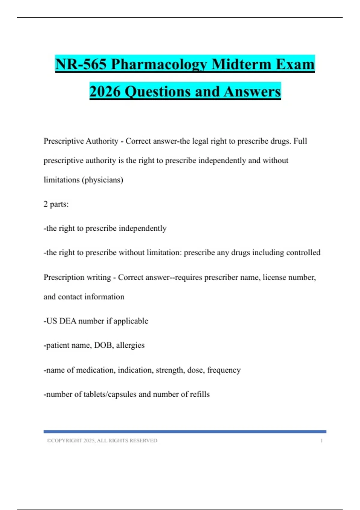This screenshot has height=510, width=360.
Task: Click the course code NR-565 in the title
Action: [81, 64]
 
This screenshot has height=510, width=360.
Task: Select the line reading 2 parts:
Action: [56, 204]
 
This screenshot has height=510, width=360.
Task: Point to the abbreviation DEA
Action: [68, 321]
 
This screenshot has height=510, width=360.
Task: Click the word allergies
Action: [130, 345]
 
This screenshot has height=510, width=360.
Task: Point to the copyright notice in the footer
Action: [102, 440]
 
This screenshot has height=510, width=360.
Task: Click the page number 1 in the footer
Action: [321, 440]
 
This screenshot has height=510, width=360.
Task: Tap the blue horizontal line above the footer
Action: [185, 432]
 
